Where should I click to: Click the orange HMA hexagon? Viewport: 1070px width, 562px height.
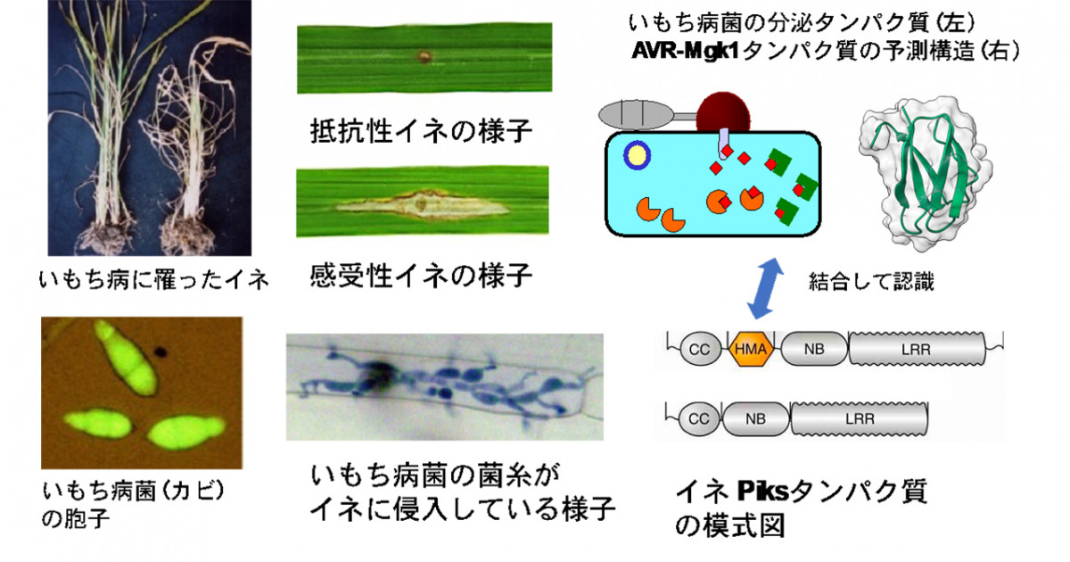click(751, 349)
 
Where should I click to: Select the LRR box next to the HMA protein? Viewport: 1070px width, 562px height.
click(917, 350)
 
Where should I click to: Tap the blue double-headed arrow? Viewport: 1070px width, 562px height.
click(765, 288)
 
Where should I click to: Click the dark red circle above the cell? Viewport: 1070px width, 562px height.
click(723, 113)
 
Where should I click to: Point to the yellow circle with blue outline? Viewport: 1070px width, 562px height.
click(638, 156)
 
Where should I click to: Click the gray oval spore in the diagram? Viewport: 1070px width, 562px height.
click(637, 115)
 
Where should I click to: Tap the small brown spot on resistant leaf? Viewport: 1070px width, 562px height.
click(423, 57)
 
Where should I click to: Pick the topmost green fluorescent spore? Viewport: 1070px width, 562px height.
click(126, 358)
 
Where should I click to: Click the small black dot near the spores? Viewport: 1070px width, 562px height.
click(160, 353)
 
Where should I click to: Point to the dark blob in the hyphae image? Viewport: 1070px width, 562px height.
click(378, 376)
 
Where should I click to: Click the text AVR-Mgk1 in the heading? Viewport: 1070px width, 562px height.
click(686, 50)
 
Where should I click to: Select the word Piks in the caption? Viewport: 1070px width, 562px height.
click(764, 491)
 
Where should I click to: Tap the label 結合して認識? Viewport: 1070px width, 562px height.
click(871, 282)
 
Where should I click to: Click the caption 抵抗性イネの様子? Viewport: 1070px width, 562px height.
click(421, 130)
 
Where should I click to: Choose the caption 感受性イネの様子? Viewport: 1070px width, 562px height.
click(421, 276)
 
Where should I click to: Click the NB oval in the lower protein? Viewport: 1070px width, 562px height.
click(756, 418)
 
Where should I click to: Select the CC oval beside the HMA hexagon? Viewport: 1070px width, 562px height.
click(700, 350)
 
